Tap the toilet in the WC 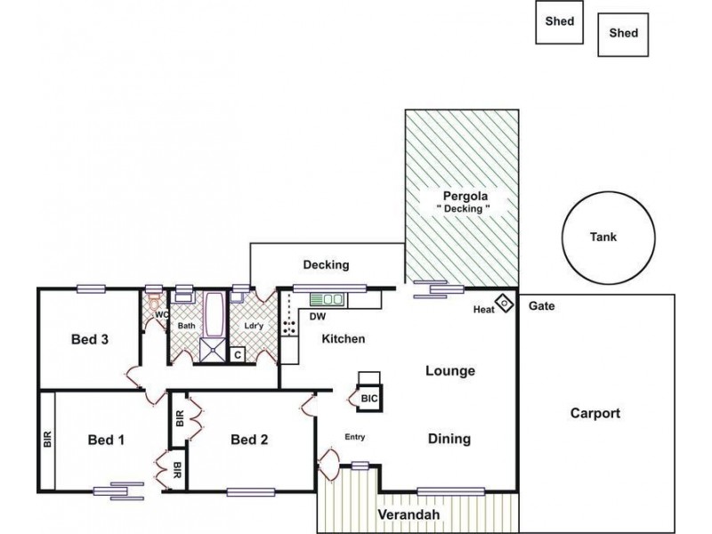[x=154, y=302]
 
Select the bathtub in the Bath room [x=214, y=315]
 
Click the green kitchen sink [x=328, y=300]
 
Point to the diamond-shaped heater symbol [x=504, y=303]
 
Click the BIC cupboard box [x=368, y=398]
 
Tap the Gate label [x=542, y=306]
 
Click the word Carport [x=595, y=413]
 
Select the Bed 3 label [x=90, y=339]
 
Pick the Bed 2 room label [x=249, y=440]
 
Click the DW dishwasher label [x=318, y=317]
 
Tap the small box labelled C [x=238, y=354]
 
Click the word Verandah [x=409, y=515]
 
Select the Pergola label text [x=465, y=196]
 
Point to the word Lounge [x=450, y=371]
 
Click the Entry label [x=355, y=437]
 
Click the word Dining [x=449, y=439]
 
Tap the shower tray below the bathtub [x=213, y=351]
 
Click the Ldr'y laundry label [x=254, y=326]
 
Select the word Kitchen [x=344, y=339]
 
